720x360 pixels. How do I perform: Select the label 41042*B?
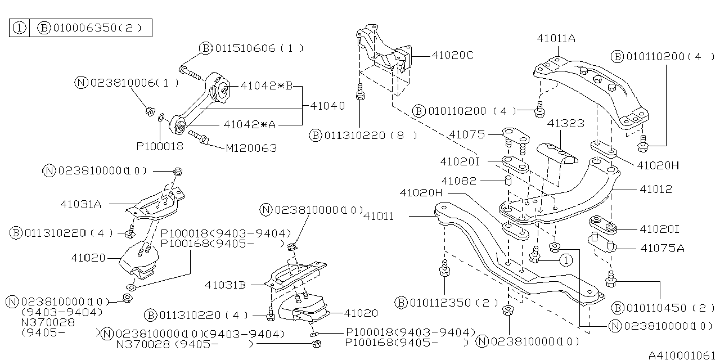click(267, 86)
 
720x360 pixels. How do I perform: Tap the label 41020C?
click(453, 55)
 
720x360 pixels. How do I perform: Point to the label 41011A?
click(556, 39)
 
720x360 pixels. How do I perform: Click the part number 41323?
click(566, 123)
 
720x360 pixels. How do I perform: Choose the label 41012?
click(656, 190)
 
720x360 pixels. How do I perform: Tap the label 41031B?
click(225, 285)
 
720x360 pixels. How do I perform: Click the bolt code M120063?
click(251, 148)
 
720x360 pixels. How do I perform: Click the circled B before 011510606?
click(205, 48)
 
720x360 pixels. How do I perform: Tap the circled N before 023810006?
click(82, 83)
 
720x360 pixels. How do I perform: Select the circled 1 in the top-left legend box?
click(20, 28)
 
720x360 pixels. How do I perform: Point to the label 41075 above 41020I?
click(467, 134)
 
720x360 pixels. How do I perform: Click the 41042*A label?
click(249, 124)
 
